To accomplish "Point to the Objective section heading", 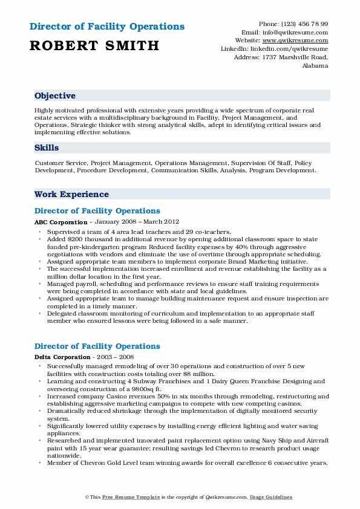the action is (55, 96).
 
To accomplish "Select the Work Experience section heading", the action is (71, 195).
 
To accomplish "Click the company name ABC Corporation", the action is (61, 222).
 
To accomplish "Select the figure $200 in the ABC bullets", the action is (80, 239).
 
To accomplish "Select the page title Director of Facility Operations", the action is (106, 27).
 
